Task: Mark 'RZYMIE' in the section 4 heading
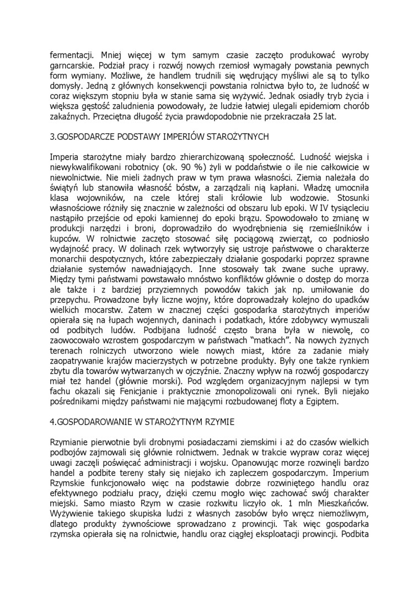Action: pos(216,423)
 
